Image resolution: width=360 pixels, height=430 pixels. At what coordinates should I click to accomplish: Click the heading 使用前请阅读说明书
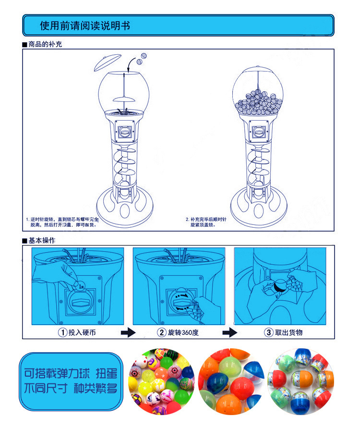tap(85, 25)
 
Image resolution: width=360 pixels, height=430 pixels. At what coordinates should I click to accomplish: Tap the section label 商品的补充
tap(45, 44)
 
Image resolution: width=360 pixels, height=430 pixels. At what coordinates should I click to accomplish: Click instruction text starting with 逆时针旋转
tap(62, 221)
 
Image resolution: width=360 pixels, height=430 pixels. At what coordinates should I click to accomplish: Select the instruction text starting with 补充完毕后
tap(208, 221)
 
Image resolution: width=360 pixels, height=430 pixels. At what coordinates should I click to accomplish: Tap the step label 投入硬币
tap(79, 332)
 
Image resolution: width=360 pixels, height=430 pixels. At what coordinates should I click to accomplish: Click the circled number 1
tap(62, 332)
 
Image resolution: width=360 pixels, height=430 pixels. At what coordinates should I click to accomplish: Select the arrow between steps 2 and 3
tap(230, 332)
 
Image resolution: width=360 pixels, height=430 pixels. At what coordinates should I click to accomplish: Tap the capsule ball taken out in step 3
tap(280, 287)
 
